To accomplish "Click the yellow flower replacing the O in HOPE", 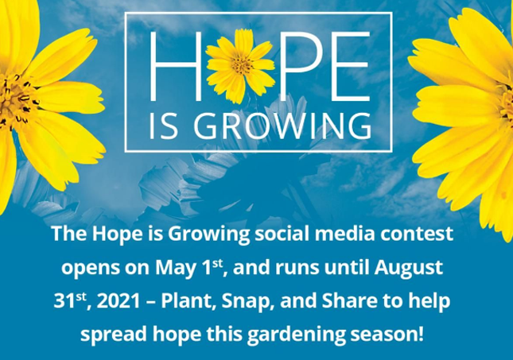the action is coord(240,66).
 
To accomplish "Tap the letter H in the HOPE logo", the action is coord(175,66).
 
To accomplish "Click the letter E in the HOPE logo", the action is coord(351,66).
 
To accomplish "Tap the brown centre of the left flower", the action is coord(13,99).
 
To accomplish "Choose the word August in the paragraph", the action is coord(409,269).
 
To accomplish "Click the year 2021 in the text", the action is coord(119,301).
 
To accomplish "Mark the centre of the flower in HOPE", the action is coord(242,64).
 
